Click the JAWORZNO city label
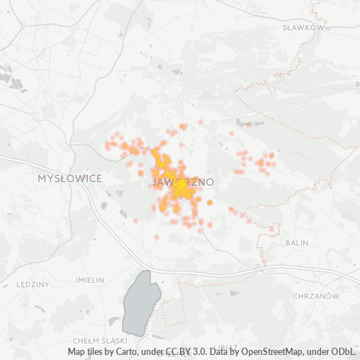click(183, 182)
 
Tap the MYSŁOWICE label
click(70, 177)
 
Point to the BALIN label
click(296, 243)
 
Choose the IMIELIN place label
click(89, 279)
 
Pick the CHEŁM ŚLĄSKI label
click(99, 340)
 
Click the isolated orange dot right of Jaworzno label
click(210, 203)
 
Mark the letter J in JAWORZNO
click(156, 182)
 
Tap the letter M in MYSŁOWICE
click(41, 177)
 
